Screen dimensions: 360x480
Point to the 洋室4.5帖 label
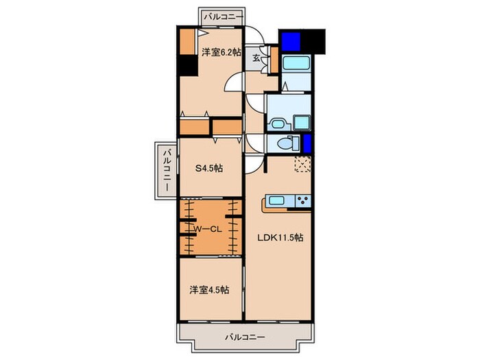click(210, 289)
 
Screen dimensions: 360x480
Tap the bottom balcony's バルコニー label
click(244, 337)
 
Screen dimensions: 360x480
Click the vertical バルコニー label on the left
click(165, 171)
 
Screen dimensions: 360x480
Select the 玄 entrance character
click(255, 58)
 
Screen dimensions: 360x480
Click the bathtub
click(297, 66)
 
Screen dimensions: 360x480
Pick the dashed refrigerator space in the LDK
click(302, 165)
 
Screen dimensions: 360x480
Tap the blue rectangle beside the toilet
click(307, 144)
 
